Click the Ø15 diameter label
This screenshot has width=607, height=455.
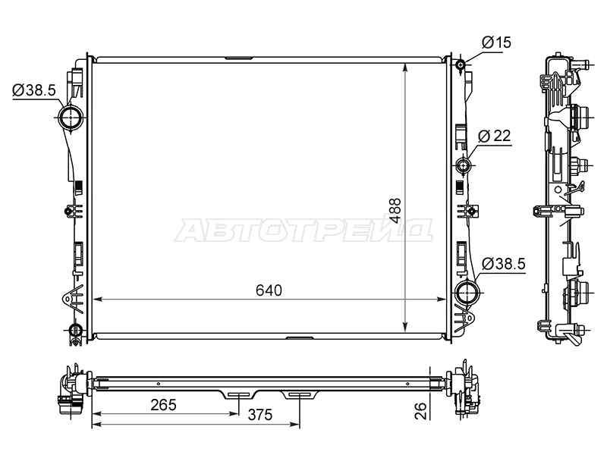pyautogui.click(x=497, y=42)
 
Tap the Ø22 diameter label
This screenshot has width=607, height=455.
pyautogui.click(x=495, y=136)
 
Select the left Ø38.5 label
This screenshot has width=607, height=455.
pyautogui.click(x=34, y=90)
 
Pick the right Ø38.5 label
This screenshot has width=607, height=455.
pyautogui.click(x=504, y=264)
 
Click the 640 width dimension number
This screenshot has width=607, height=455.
pyautogui.click(x=269, y=290)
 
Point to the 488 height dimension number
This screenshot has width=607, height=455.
pyautogui.click(x=395, y=211)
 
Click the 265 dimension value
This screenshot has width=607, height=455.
pyautogui.click(x=163, y=405)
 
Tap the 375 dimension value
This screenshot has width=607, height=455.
pyautogui.click(x=260, y=415)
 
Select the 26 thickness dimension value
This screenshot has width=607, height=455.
pyautogui.click(x=420, y=410)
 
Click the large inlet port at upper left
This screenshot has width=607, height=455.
pyautogui.click(x=71, y=118)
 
